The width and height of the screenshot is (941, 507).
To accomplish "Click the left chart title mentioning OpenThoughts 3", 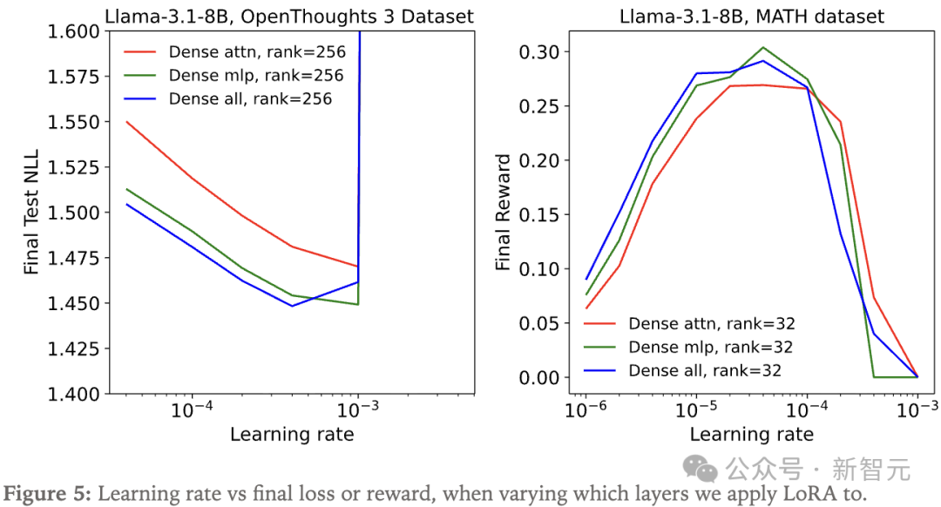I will pyautogui.click(x=289, y=16).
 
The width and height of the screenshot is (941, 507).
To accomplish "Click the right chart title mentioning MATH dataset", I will pyautogui.click(x=751, y=16).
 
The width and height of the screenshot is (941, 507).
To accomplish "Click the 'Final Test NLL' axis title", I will pyautogui.click(x=32, y=213).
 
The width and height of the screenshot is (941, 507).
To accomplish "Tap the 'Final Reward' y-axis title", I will pyautogui.click(x=504, y=213).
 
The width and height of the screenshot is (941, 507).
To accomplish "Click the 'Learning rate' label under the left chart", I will pyautogui.click(x=292, y=434).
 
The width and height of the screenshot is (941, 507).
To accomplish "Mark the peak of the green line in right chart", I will pyautogui.click(x=762, y=48).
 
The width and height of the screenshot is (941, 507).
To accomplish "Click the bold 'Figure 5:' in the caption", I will pyautogui.click(x=45, y=492).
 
